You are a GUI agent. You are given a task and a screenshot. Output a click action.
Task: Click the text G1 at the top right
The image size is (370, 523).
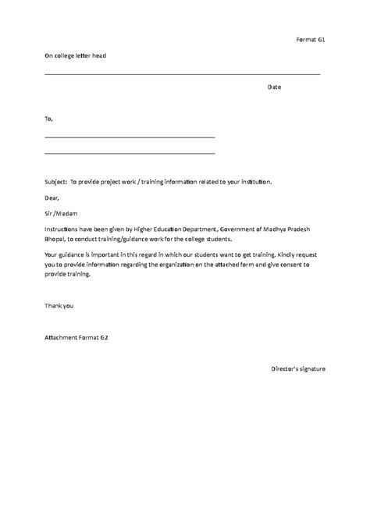(320, 38)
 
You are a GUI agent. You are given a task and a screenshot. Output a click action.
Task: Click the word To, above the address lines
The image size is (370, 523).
(49, 119)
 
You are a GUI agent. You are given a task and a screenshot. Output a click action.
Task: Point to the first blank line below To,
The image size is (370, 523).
(130, 137)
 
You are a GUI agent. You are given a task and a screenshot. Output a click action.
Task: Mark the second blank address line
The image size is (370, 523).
(130, 152)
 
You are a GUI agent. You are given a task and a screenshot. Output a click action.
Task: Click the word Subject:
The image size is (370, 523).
(56, 181)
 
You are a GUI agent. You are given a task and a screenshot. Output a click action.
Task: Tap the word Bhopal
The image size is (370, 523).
(56, 238)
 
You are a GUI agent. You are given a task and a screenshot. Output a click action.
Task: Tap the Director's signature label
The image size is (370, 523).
(298, 368)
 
